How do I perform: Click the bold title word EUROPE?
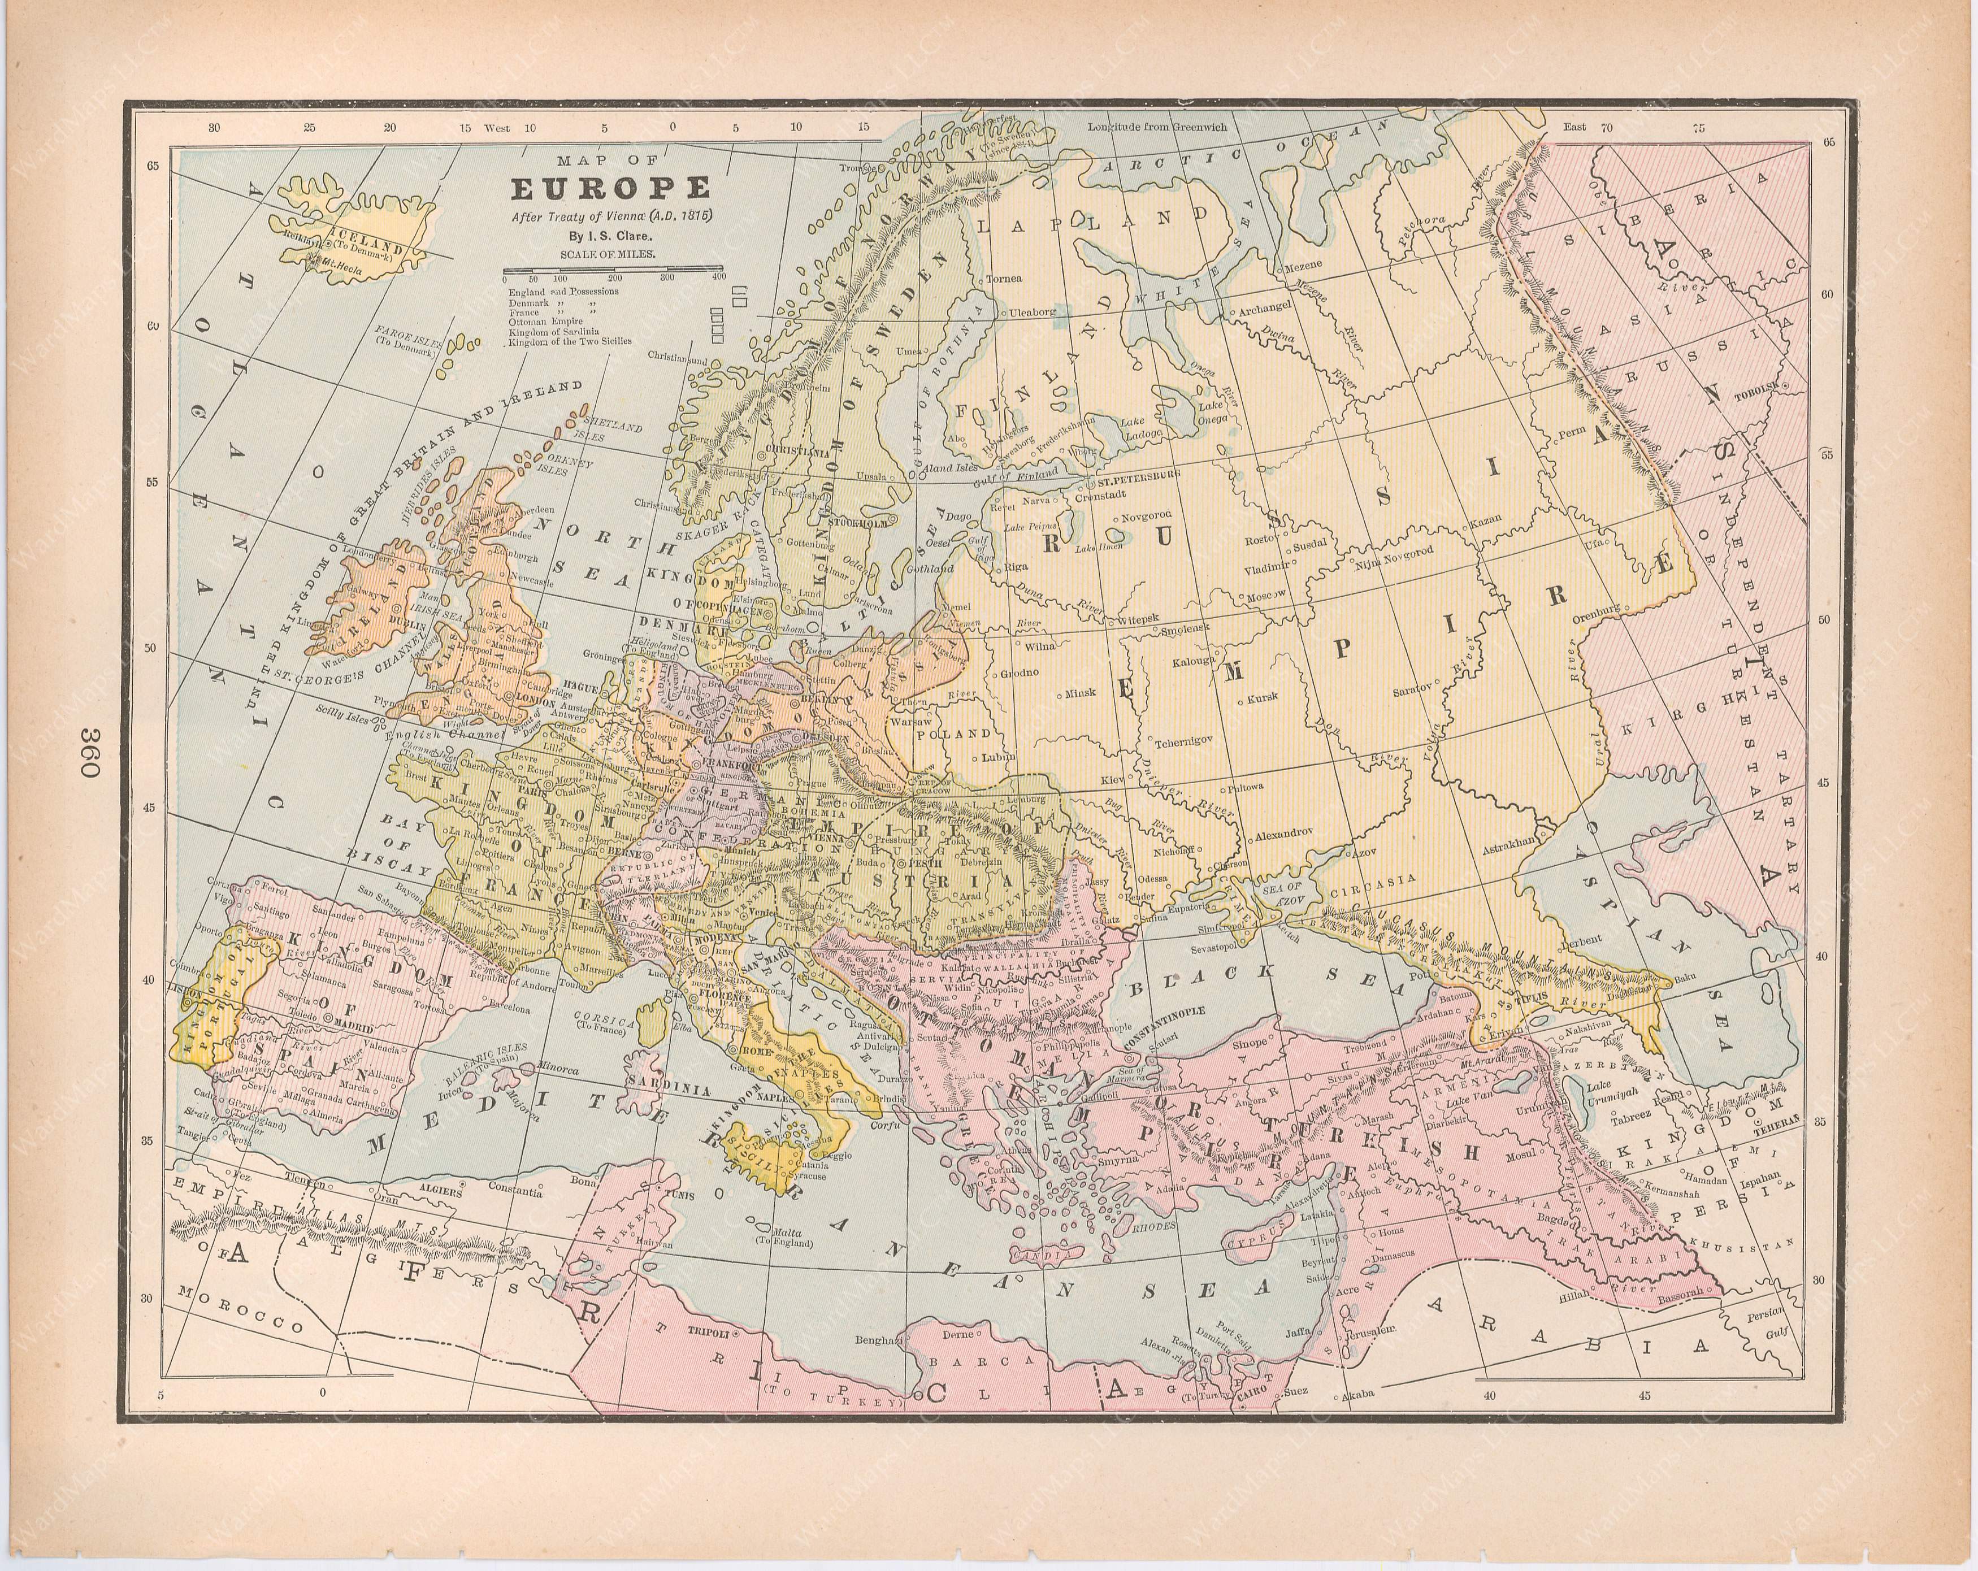coord(610,188)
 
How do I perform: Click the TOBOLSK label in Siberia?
coord(1755,397)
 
